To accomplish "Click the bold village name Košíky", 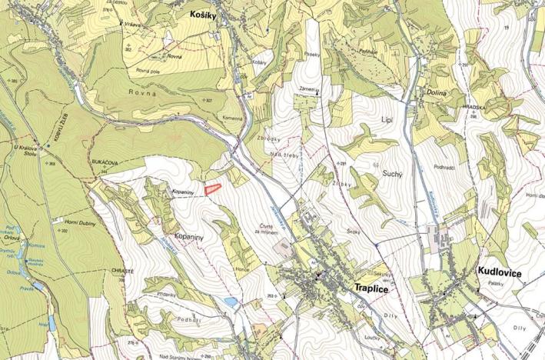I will point(205,14).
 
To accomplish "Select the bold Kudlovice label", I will point(500,272).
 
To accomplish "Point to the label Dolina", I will point(437,93).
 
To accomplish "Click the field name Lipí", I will point(387,121).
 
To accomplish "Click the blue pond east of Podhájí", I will point(230,302).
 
